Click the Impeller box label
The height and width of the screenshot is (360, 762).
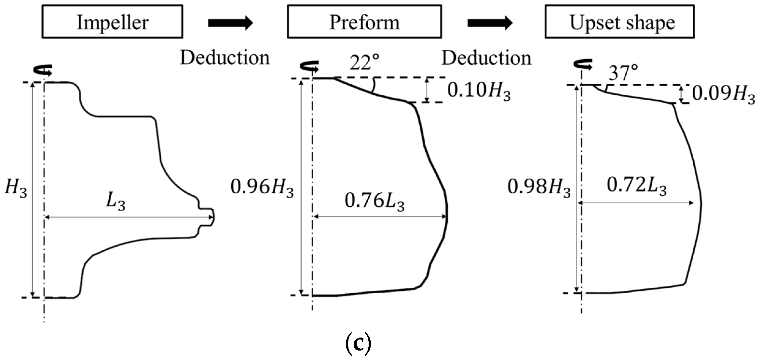[112, 22]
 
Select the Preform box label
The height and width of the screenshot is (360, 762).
[364, 22]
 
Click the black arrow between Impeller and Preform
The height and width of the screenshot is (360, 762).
[230, 23]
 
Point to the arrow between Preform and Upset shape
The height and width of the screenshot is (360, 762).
[490, 23]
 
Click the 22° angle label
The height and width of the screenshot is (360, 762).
[364, 62]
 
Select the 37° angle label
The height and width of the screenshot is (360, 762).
[623, 73]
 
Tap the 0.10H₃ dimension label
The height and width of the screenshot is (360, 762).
[479, 90]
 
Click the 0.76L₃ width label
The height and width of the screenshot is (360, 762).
[374, 201]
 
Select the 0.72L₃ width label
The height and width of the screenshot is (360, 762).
[636, 186]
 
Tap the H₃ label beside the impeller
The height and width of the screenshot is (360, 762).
[16, 188]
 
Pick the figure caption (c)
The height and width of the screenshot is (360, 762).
[358, 345]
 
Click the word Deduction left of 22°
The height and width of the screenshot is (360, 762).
[225, 58]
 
